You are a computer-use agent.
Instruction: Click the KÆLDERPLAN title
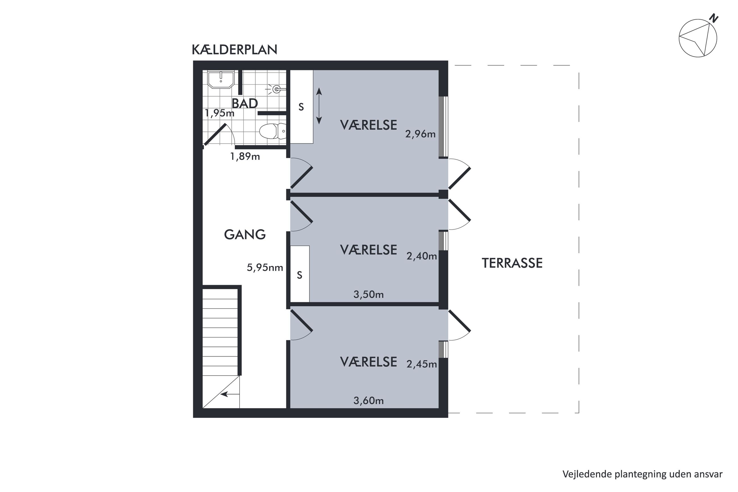234,50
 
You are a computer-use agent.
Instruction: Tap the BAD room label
245,103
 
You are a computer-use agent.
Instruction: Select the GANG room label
245,235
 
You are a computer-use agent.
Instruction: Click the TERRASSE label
512,263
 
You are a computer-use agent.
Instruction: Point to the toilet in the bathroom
272,131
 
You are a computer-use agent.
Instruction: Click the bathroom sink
221,80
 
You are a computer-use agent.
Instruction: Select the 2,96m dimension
420,134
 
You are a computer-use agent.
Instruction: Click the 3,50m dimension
368,294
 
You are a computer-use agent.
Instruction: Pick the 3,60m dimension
368,401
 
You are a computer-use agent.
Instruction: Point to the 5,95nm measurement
265,267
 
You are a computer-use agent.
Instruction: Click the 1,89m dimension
245,156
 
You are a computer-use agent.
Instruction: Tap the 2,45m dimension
422,364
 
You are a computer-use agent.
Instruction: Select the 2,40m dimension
422,256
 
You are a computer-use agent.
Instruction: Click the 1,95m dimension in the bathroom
219,113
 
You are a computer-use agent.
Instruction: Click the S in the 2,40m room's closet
299,275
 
